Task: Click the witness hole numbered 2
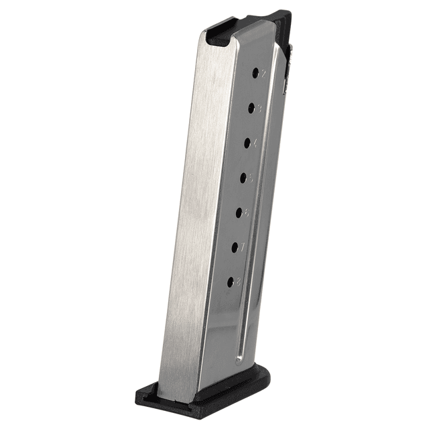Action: coord(255,72)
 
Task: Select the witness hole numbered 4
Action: coord(248,142)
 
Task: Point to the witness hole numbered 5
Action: coord(244,177)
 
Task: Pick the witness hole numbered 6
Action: coord(239,212)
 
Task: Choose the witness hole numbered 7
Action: coord(235,247)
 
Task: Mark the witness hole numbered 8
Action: coord(231,282)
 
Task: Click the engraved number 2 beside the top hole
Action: coord(264,72)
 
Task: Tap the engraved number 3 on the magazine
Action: coord(260,107)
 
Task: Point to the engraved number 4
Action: coord(255,142)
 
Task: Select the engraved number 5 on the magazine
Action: coord(251,178)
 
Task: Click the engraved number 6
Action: coord(247,213)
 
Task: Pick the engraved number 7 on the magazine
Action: coord(243,248)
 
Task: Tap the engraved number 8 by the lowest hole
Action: coord(239,283)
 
